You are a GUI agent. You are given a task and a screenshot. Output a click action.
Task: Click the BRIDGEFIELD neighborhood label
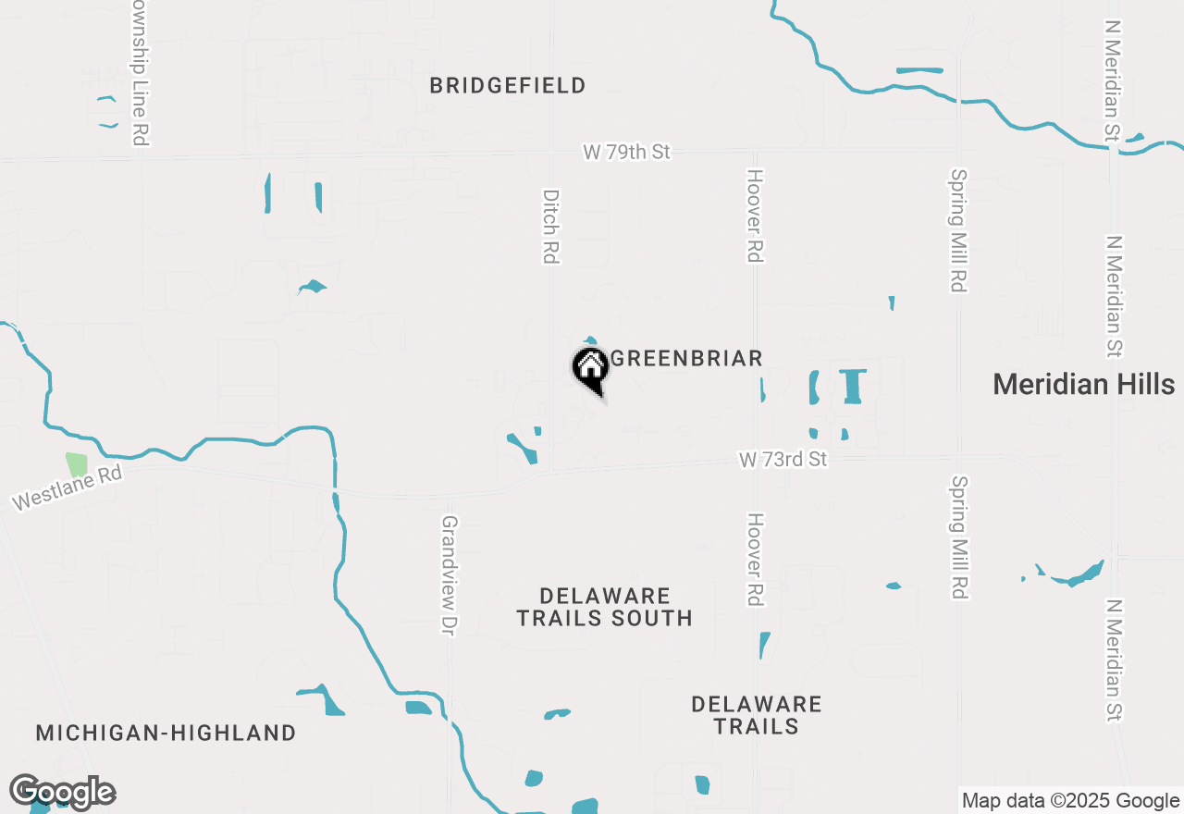tap(508, 86)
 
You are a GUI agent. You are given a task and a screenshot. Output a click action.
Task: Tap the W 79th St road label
tap(626, 152)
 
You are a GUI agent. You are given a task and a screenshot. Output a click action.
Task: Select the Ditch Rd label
tap(551, 227)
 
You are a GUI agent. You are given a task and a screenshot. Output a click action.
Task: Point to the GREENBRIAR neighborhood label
tap(687, 359)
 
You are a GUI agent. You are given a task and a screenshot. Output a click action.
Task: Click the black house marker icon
tap(590, 369)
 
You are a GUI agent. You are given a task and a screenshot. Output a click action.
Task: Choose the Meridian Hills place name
tap(1083, 384)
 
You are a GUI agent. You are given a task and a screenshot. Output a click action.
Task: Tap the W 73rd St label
tap(783, 459)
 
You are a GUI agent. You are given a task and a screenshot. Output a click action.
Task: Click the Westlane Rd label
tap(67, 487)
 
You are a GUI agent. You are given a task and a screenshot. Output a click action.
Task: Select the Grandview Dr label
tap(450, 562)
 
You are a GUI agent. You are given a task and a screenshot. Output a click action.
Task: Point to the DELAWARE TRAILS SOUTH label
tap(605, 607)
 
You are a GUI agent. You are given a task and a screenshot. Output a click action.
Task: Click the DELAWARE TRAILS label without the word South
tap(757, 715)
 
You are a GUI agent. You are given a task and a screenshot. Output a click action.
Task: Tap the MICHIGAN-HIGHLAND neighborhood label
tap(166, 734)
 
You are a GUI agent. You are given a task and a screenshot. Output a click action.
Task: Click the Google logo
tap(62, 793)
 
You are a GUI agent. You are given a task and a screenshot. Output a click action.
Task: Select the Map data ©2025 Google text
tap(1070, 801)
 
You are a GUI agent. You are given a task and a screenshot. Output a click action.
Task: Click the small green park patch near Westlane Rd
tap(76, 465)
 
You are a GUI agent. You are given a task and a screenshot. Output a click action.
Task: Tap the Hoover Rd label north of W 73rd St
tap(756, 216)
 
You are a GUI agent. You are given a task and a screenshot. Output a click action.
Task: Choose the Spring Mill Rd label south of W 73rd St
tap(958, 537)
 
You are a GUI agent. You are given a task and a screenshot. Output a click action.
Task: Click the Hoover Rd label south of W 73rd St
tap(756, 560)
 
